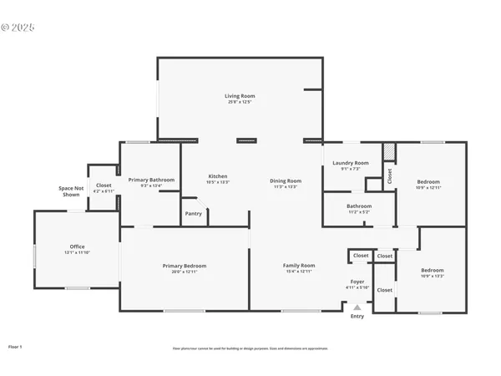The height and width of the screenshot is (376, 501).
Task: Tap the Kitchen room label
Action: click(218, 176)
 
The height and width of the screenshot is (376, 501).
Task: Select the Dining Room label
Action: click(286, 181)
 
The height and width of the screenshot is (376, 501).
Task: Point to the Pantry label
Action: click(193, 214)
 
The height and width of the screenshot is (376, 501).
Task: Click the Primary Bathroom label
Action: click(151, 180)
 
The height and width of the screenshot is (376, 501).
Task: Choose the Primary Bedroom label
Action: click(184, 266)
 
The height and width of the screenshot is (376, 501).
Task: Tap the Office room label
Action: click(77, 246)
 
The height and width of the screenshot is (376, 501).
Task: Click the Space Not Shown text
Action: click(71, 191)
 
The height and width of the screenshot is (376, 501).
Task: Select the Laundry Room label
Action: click(351, 163)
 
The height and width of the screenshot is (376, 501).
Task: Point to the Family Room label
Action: click(299, 265)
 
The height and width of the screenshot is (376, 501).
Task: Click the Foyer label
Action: click(357, 282)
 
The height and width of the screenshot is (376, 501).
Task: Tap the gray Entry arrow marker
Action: click(357, 307)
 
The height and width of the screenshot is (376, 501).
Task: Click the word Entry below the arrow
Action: click(357, 317)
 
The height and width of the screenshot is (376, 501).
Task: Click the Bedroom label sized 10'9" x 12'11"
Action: click(428, 181)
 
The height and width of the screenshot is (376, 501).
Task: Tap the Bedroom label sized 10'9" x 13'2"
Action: click(433, 270)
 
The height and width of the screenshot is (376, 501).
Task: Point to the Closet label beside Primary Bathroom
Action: click(104, 185)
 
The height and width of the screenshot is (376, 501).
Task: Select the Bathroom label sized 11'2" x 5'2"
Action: click(360, 206)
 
